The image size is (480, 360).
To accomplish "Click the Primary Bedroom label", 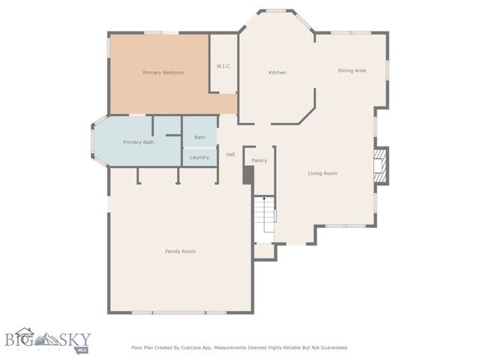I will (x=163, y=73).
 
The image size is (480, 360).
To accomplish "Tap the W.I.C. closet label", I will (x=223, y=67).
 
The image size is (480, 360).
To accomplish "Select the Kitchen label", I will (x=277, y=73).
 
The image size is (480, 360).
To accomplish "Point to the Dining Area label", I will (x=352, y=70).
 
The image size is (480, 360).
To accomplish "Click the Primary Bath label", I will (x=138, y=142).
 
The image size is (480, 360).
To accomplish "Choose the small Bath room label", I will (x=199, y=137).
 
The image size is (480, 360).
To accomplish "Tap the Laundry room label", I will (x=199, y=157).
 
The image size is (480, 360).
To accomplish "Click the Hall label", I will (x=231, y=154).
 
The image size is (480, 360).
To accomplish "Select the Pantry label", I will (x=259, y=160).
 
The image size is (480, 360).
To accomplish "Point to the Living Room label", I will (x=322, y=173).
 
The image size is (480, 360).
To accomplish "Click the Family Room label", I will (x=180, y=251).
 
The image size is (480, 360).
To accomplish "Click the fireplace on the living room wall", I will (x=381, y=165).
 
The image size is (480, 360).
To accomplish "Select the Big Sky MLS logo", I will (x=45, y=341).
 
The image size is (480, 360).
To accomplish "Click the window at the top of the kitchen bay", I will (x=277, y=10).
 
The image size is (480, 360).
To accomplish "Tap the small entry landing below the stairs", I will (x=264, y=251).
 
